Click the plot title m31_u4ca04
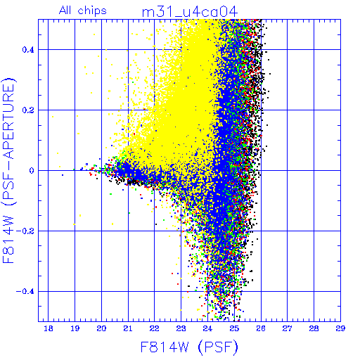coord(190,12)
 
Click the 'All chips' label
coord(83,11)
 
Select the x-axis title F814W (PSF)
coord(189,347)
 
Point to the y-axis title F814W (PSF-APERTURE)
coord(9,170)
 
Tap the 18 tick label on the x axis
coord(49,328)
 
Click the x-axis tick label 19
coord(75,328)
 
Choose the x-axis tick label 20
coord(101,328)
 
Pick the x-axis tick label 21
coord(128,328)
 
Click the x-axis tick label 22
coord(155,328)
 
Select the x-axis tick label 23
coord(181,328)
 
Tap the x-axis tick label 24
coord(207,328)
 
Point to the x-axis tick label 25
coord(234,328)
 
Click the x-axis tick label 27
coord(288,328)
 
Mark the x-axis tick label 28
coord(314,328)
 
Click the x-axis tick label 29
coord(340,328)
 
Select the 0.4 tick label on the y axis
coord(28,50)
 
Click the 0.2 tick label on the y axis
coord(28,110)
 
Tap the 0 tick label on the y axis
coord(32,171)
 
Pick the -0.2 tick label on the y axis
coord(25,231)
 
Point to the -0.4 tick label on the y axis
coord(25,292)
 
